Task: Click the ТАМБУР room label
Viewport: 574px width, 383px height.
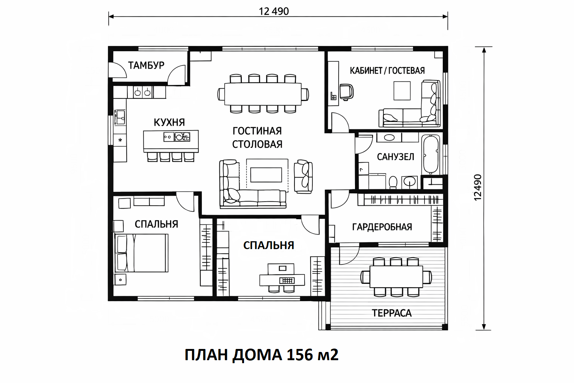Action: tap(146, 65)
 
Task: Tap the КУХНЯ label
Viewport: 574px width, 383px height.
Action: tap(169, 122)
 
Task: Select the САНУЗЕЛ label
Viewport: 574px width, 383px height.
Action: tap(395, 157)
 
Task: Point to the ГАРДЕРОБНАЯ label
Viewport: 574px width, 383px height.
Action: tap(382, 227)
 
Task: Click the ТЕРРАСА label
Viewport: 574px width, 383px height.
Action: tap(392, 313)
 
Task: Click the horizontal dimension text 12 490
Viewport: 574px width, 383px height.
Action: tap(274, 11)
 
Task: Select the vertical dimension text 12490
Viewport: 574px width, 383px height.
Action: tap(478, 187)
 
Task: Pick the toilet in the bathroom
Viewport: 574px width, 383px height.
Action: tap(393, 182)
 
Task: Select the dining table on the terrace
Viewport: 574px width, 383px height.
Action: tap(396, 276)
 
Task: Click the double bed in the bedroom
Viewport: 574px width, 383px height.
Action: tap(141, 253)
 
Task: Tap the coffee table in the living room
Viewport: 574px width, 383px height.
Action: tap(266, 175)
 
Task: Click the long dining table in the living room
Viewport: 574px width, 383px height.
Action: tap(263, 94)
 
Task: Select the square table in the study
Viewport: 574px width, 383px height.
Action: tap(402, 91)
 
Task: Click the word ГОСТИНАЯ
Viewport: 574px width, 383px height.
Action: tap(257, 131)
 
